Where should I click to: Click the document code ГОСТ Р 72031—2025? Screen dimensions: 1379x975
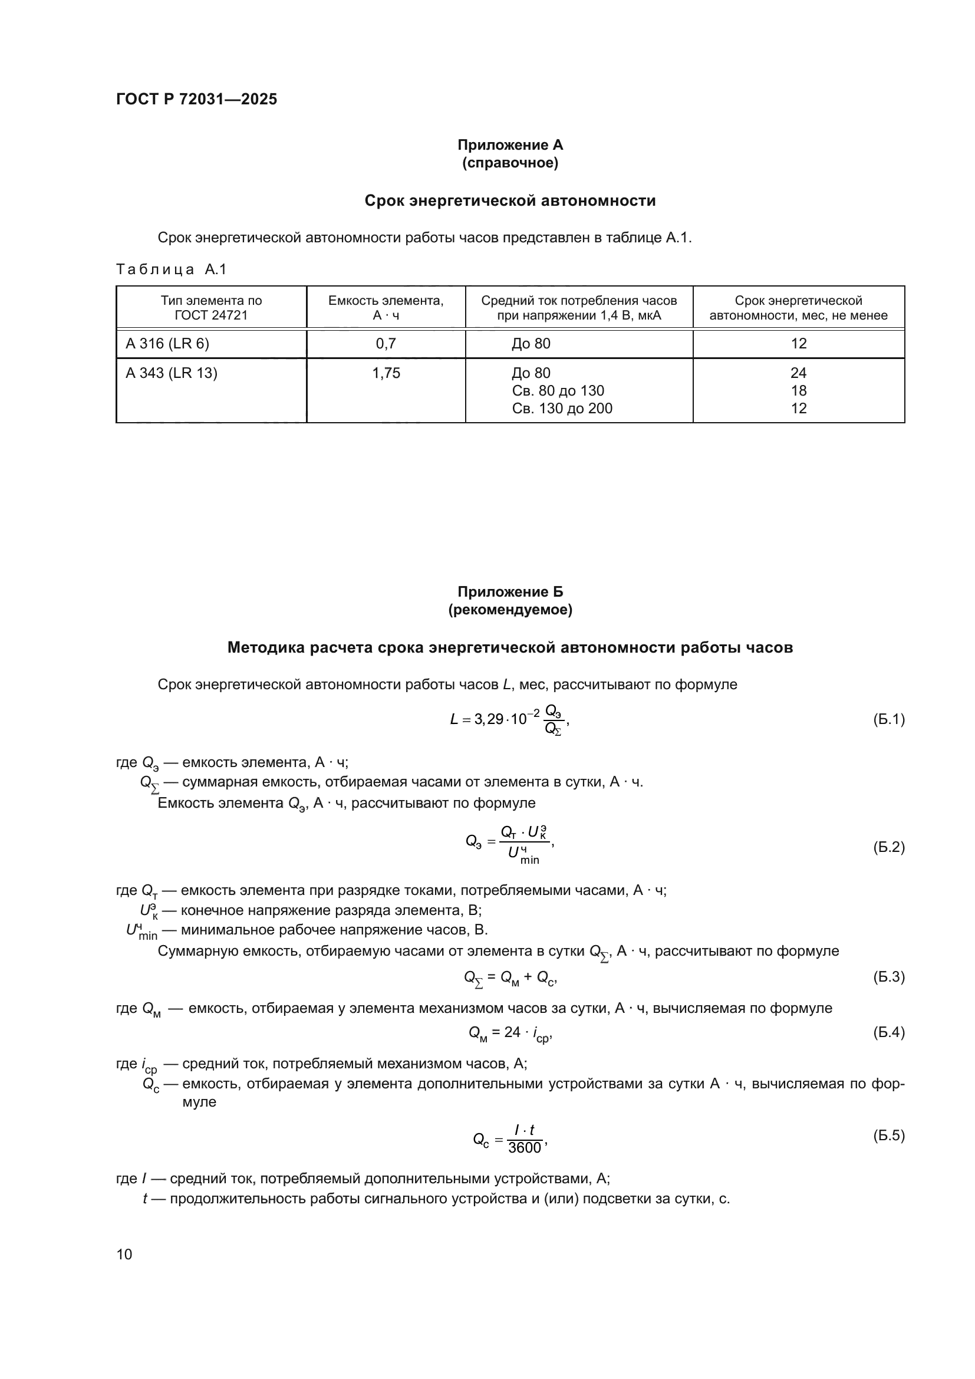click(196, 99)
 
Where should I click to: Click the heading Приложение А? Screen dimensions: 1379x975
click(510, 145)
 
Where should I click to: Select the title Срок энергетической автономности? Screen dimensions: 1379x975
click(510, 200)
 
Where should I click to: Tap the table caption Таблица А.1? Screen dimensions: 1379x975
click(171, 269)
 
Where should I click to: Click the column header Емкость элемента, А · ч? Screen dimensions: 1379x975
click(386, 308)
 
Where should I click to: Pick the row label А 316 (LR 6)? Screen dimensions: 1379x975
click(167, 344)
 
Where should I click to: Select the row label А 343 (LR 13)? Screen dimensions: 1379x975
click(171, 373)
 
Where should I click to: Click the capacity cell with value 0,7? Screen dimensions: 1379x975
click(386, 344)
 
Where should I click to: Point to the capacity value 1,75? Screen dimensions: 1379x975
click(386, 373)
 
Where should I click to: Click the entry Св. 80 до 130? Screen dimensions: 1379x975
click(558, 391)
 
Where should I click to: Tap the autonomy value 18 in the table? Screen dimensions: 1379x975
click(798, 391)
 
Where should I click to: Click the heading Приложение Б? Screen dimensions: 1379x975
click(510, 591)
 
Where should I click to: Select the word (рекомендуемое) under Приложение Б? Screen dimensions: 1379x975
click(510, 610)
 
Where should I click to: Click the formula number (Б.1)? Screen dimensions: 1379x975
click(888, 719)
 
